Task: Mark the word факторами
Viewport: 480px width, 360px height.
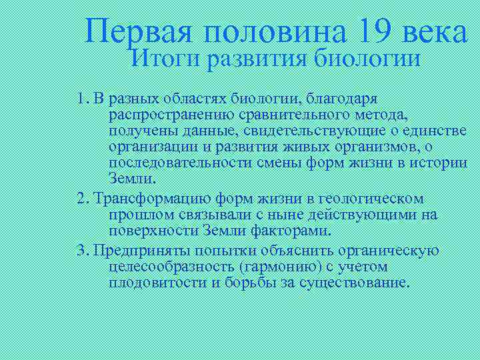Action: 292,231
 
